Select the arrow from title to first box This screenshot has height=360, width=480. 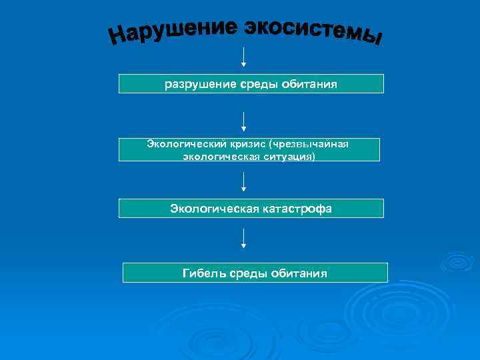(x=244, y=57)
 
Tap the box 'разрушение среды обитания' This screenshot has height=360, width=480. (x=251, y=84)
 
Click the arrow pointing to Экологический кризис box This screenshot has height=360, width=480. (x=244, y=121)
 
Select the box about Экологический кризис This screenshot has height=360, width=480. (x=249, y=150)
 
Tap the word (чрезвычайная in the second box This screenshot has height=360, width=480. (x=307, y=145)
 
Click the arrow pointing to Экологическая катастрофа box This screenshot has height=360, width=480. (x=244, y=181)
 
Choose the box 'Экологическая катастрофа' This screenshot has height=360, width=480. (x=251, y=209)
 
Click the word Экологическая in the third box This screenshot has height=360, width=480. (x=213, y=209)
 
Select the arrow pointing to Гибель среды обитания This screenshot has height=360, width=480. (x=244, y=238)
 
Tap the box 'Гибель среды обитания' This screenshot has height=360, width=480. (x=255, y=273)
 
